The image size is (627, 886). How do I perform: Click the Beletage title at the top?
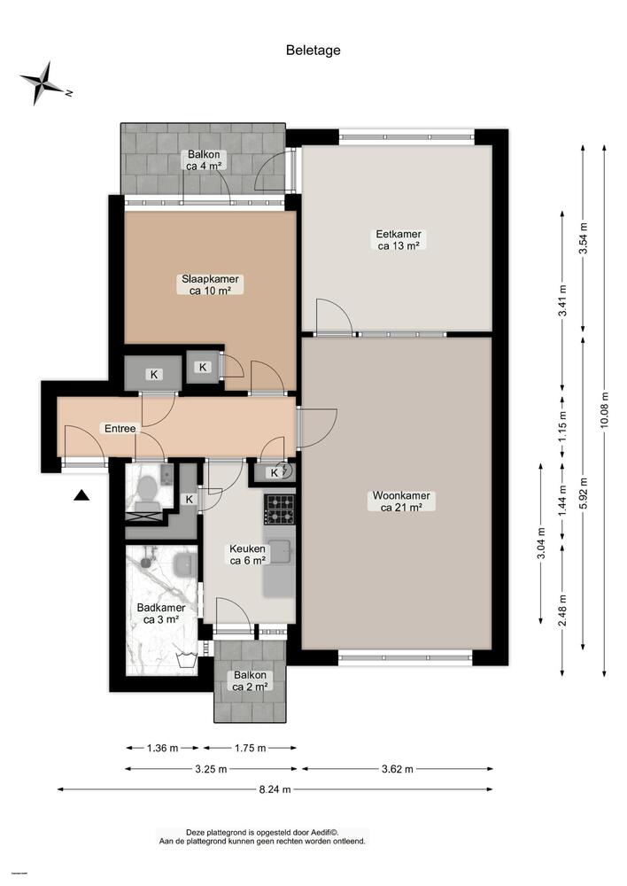pyautogui.click(x=313, y=51)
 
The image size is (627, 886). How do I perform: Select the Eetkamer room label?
pyautogui.click(x=398, y=240)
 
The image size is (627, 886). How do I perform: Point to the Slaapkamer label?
pyautogui.click(x=211, y=284)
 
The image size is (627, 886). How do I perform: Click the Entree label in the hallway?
pyautogui.click(x=120, y=428)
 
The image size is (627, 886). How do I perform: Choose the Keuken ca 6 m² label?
pyautogui.click(x=248, y=555)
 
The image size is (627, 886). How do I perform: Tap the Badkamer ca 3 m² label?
pyautogui.click(x=160, y=613)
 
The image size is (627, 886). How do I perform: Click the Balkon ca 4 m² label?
pyautogui.click(x=205, y=159)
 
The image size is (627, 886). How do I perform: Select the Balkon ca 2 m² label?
pyautogui.click(x=251, y=680)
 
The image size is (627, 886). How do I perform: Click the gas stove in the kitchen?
pyautogui.click(x=279, y=509)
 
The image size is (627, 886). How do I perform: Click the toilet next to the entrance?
pyautogui.click(x=146, y=488)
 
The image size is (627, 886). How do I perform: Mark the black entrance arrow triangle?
pyautogui.click(x=81, y=496)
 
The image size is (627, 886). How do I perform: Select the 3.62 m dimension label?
pyautogui.click(x=397, y=768)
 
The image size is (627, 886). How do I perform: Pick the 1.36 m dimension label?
pyautogui.click(x=160, y=748)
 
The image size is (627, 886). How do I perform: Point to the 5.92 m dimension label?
pyautogui.click(x=583, y=491)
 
